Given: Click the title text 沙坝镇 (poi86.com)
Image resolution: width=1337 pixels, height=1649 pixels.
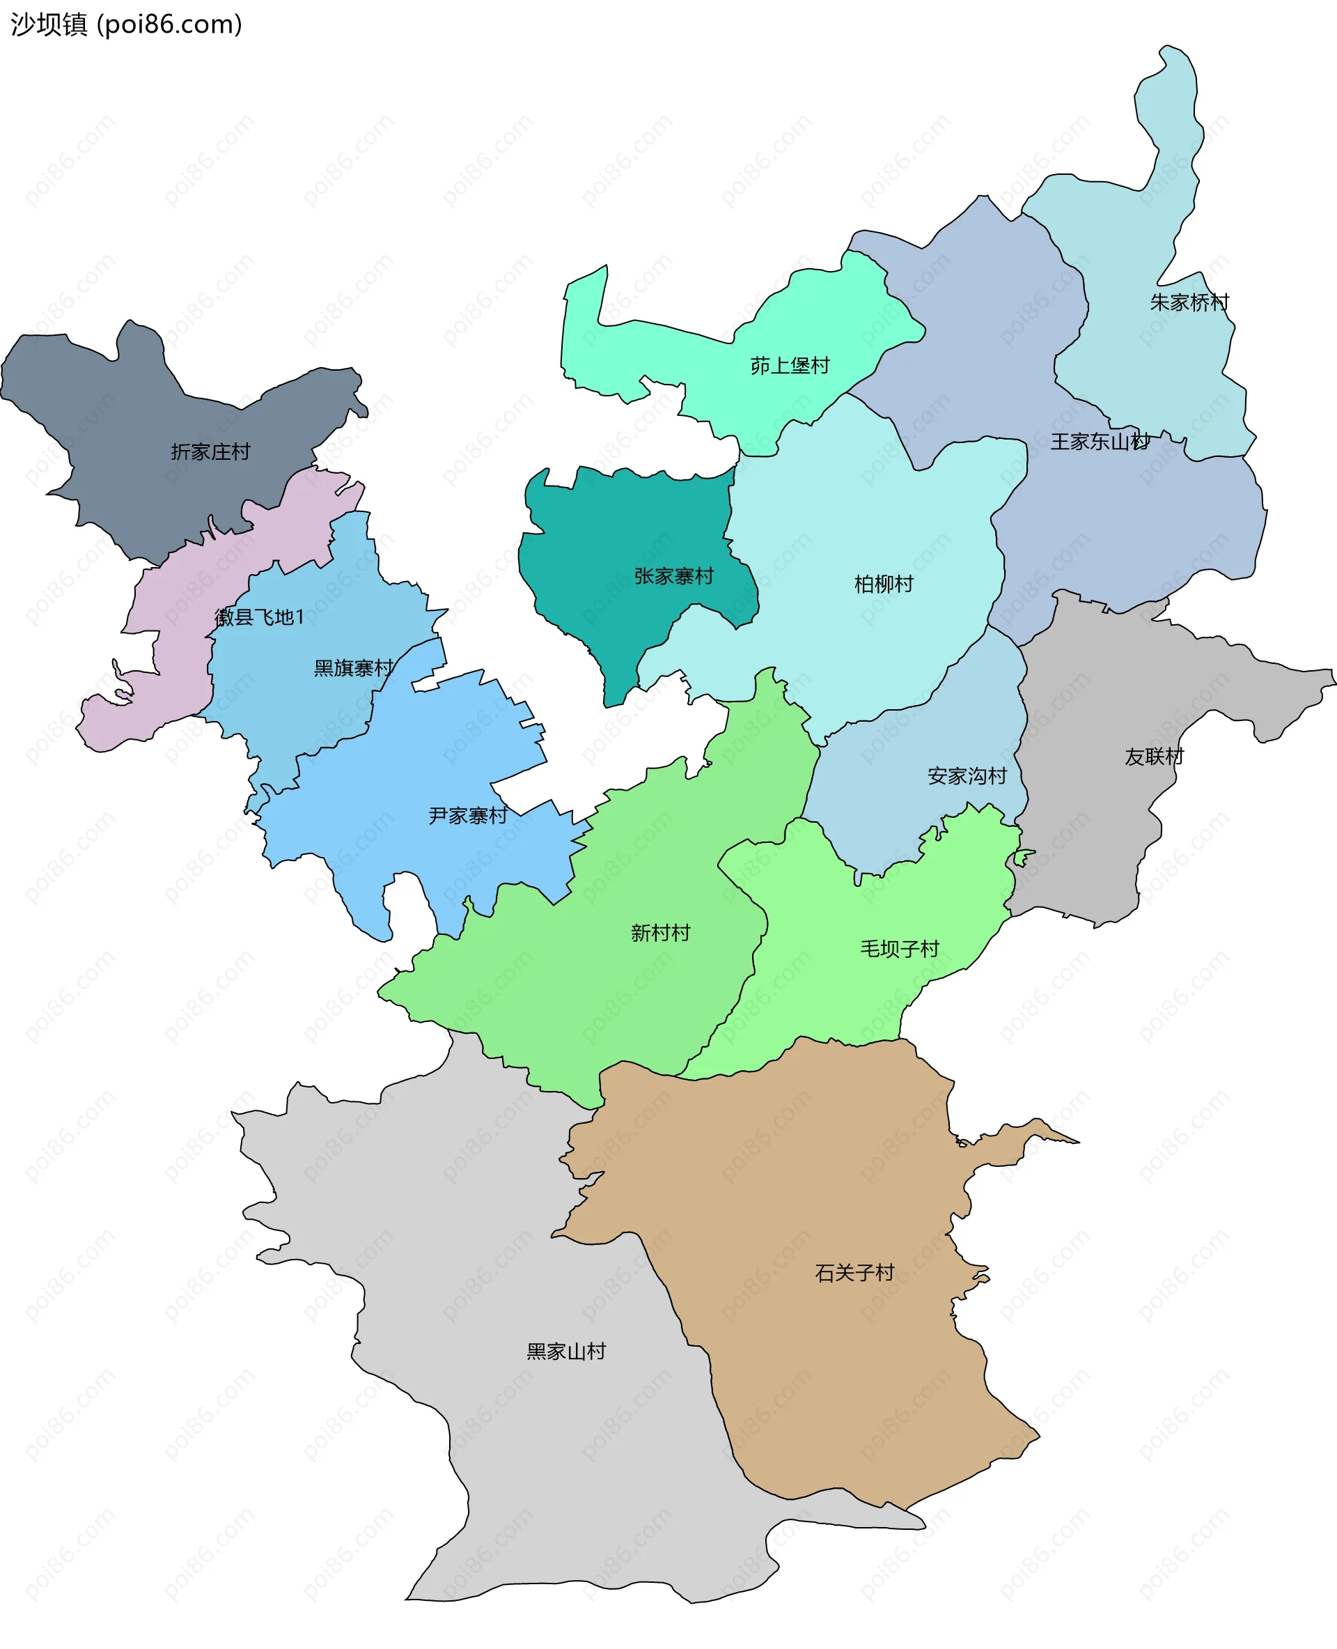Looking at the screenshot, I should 126,24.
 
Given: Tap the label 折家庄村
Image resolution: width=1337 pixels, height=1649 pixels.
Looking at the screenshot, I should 210,451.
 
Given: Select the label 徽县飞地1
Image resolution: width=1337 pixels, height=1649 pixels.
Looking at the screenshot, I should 260,617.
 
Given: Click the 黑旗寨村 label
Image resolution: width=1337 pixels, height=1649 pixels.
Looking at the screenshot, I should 354,667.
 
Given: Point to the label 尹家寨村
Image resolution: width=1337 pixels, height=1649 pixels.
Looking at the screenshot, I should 467,815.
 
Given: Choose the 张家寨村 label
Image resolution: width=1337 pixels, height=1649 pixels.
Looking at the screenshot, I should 673,575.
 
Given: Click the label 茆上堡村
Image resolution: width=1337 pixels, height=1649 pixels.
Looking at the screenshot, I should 790,365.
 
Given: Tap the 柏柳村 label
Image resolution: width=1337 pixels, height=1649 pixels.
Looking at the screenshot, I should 884,583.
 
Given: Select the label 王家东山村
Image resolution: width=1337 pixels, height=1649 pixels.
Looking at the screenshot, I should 1099,442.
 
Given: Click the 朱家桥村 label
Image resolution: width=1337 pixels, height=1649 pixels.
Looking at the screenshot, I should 1189,302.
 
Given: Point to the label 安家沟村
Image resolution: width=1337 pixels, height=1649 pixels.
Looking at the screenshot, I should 967,775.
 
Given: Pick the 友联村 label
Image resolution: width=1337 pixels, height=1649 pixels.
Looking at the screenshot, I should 1154,756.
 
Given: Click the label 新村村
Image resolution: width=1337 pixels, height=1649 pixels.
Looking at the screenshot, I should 660,932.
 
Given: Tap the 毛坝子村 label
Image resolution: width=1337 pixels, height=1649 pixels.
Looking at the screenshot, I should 899,949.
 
